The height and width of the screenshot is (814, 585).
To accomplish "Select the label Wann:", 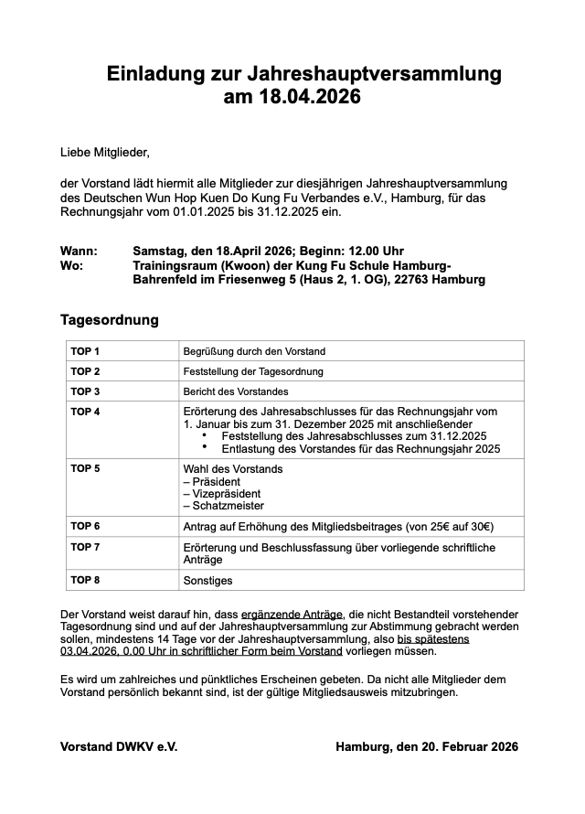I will [x=79, y=251].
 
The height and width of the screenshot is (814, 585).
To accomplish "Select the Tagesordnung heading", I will [x=109, y=320].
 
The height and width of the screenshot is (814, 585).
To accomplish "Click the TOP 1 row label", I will [x=85, y=351].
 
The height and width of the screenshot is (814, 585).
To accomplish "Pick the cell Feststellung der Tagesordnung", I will [x=253, y=371].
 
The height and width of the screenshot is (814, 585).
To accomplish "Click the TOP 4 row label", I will [x=85, y=412].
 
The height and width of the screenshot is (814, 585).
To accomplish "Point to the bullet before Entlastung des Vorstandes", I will [x=204, y=448].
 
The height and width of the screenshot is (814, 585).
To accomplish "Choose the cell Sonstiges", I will [x=208, y=581].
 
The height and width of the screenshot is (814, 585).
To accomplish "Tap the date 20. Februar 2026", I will [x=457, y=747].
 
